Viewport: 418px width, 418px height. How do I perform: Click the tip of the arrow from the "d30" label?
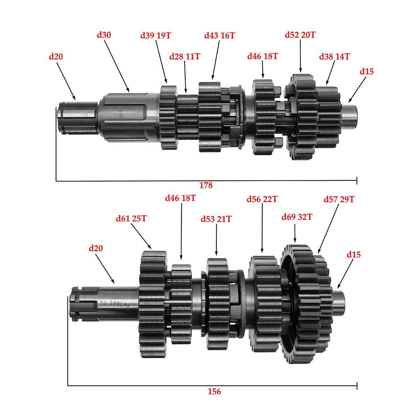pyautogui.click(x=129, y=92)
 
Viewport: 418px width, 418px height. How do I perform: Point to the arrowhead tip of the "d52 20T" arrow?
pyautogui.click(x=300, y=72)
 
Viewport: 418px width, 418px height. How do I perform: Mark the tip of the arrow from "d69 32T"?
pyautogui.click(x=295, y=242)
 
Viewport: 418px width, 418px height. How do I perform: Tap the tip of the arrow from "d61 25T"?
pyautogui.click(x=151, y=249)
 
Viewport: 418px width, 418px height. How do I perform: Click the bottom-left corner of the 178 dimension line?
pyautogui.click(x=56, y=181)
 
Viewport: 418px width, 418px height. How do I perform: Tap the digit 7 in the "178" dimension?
pyautogui.click(x=206, y=185)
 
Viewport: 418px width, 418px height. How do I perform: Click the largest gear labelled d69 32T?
pyautogui.click(x=296, y=304)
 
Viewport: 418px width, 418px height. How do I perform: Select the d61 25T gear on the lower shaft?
pyautogui.click(x=153, y=304)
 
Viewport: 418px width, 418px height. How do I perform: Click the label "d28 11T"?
pyautogui.click(x=185, y=57)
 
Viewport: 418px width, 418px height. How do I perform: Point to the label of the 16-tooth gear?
pyautogui.click(x=219, y=36)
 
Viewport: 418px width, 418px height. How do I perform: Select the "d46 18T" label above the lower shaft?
pyautogui.click(x=180, y=198)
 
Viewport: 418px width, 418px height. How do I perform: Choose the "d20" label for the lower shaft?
pyautogui.click(x=96, y=248)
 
